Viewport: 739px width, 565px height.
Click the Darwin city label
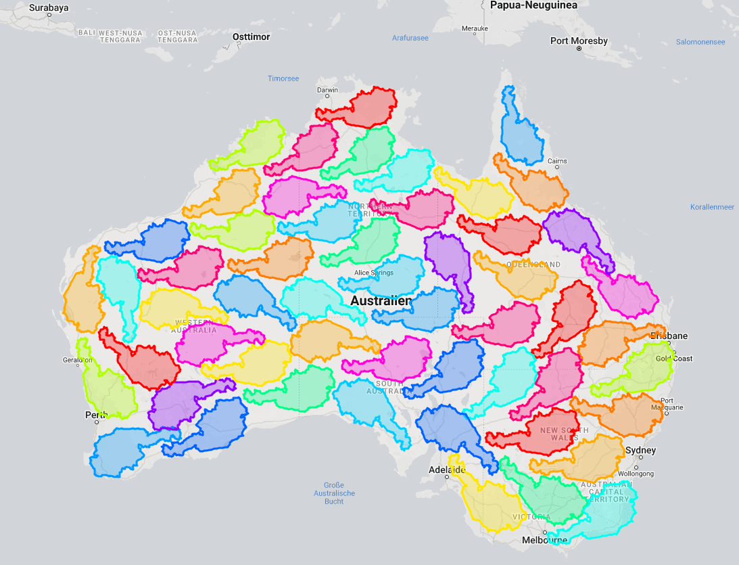pos(327,90)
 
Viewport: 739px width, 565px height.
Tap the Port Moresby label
pos(578,41)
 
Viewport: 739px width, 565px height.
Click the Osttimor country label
pos(250,37)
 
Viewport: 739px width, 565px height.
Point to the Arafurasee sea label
pos(410,38)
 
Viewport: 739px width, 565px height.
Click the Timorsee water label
pos(283,78)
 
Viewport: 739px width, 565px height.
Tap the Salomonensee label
pos(700,42)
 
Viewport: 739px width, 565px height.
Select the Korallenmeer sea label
pos(712,207)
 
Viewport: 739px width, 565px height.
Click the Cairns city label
pos(557,161)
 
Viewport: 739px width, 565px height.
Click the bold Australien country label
pos(381,300)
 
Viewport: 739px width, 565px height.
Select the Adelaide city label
pos(447,470)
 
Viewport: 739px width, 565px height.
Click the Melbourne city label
pos(544,541)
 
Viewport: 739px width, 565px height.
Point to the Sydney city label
pos(640,451)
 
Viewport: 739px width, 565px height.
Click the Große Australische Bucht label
pos(334,493)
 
